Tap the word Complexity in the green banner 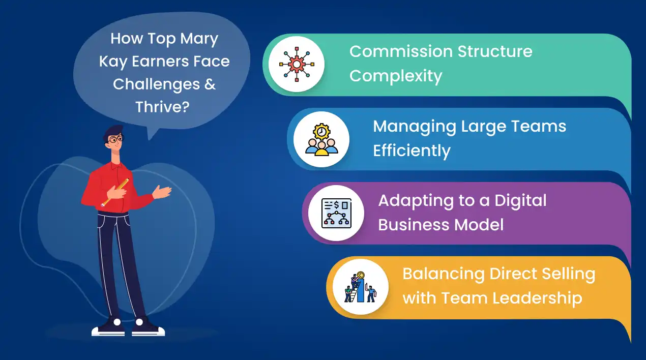point(395,76)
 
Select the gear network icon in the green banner point(296,65)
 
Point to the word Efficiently point(412,151)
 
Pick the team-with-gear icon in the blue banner point(321,139)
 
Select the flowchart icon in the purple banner point(336,213)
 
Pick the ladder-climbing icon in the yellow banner point(360,287)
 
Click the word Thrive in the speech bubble point(158,107)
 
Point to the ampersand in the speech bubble point(210,84)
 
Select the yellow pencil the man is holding point(115,192)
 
